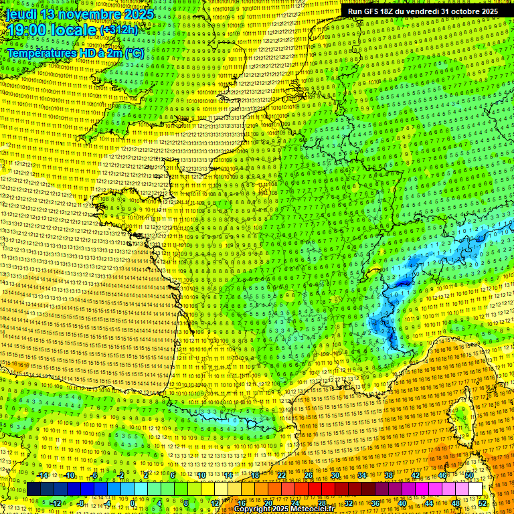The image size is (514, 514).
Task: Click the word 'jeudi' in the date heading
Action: click(21, 14)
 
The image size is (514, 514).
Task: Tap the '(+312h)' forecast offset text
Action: click(118, 30)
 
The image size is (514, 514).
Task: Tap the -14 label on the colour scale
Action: click(42, 475)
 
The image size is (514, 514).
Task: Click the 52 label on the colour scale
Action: click(483, 503)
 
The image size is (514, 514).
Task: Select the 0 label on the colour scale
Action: click(133, 503)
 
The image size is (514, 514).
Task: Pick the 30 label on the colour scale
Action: click(335, 475)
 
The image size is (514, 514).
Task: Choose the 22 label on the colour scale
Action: click(281, 475)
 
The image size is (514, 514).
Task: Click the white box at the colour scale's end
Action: click(475, 489)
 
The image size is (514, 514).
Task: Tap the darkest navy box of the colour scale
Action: click(33, 489)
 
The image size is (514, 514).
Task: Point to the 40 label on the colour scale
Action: click(402, 503)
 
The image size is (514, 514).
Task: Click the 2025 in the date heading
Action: click(138, 14)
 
